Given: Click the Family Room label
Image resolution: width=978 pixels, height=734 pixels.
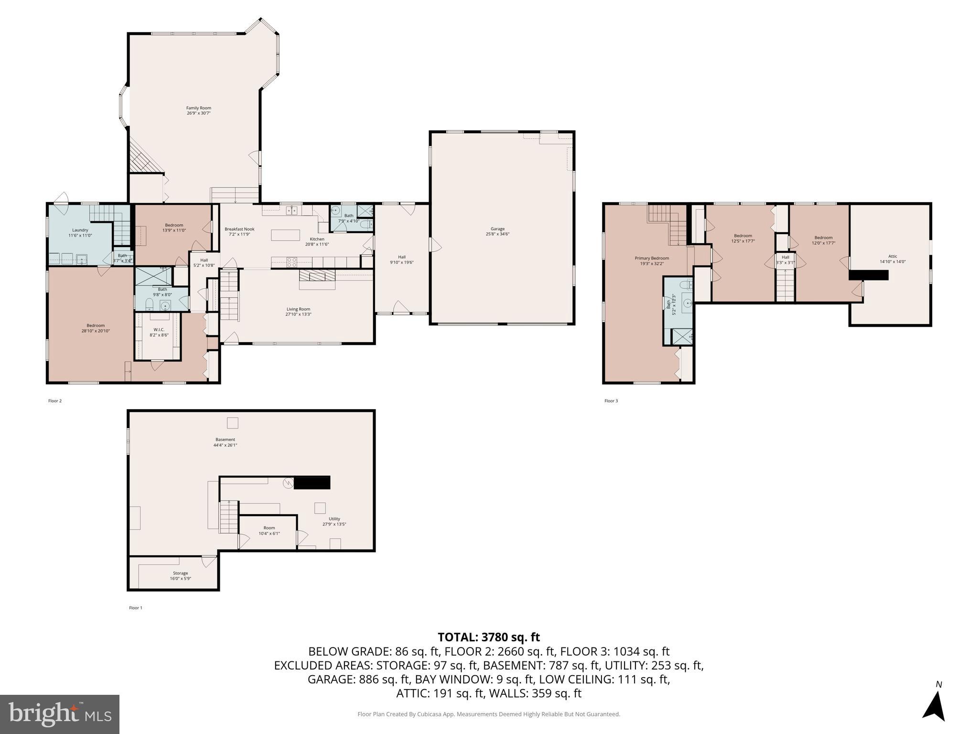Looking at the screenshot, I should point(198,108).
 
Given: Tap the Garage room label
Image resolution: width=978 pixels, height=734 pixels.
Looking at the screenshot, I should point(497,229).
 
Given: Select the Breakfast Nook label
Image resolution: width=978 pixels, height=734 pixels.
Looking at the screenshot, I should point(239,229).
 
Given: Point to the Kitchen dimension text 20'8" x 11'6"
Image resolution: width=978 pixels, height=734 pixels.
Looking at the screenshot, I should point(317,244).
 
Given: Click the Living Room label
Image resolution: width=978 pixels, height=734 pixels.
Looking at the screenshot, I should point(298,309).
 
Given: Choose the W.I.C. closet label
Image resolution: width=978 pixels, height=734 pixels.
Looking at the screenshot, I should point(159,330).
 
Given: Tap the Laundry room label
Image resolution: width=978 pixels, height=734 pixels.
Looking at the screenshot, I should point(80,230).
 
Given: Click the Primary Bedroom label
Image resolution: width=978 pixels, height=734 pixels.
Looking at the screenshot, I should point(652,258).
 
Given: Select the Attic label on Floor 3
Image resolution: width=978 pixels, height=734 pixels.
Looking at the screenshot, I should point(892,256).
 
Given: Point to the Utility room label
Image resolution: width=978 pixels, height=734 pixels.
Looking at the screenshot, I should point(334,518).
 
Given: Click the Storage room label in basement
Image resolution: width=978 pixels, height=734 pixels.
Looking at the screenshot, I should point(180,573).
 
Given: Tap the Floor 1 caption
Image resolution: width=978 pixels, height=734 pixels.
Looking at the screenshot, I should point(136,608).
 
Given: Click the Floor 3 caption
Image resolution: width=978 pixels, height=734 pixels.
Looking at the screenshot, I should point(611,401).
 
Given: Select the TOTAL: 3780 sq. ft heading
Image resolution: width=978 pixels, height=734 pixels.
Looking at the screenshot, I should point(488,637).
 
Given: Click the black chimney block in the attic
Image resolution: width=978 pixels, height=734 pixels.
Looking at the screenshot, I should point(868,275).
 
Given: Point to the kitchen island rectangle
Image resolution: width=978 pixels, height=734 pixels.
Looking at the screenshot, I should point(285,235).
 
